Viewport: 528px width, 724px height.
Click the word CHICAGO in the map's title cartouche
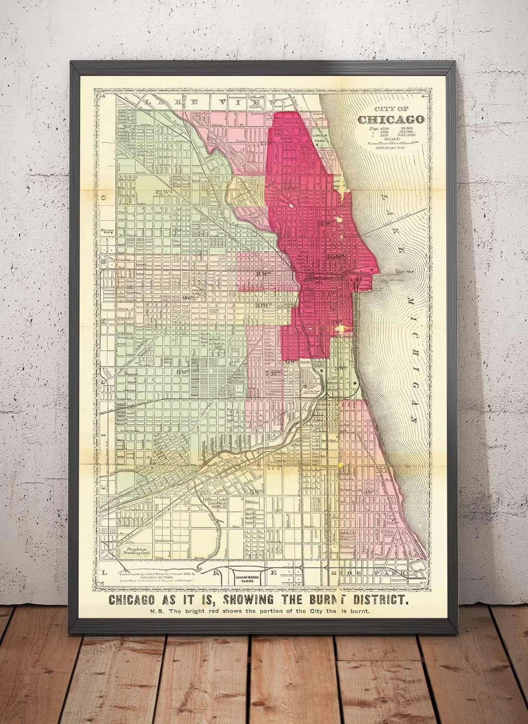coord(390,119)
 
